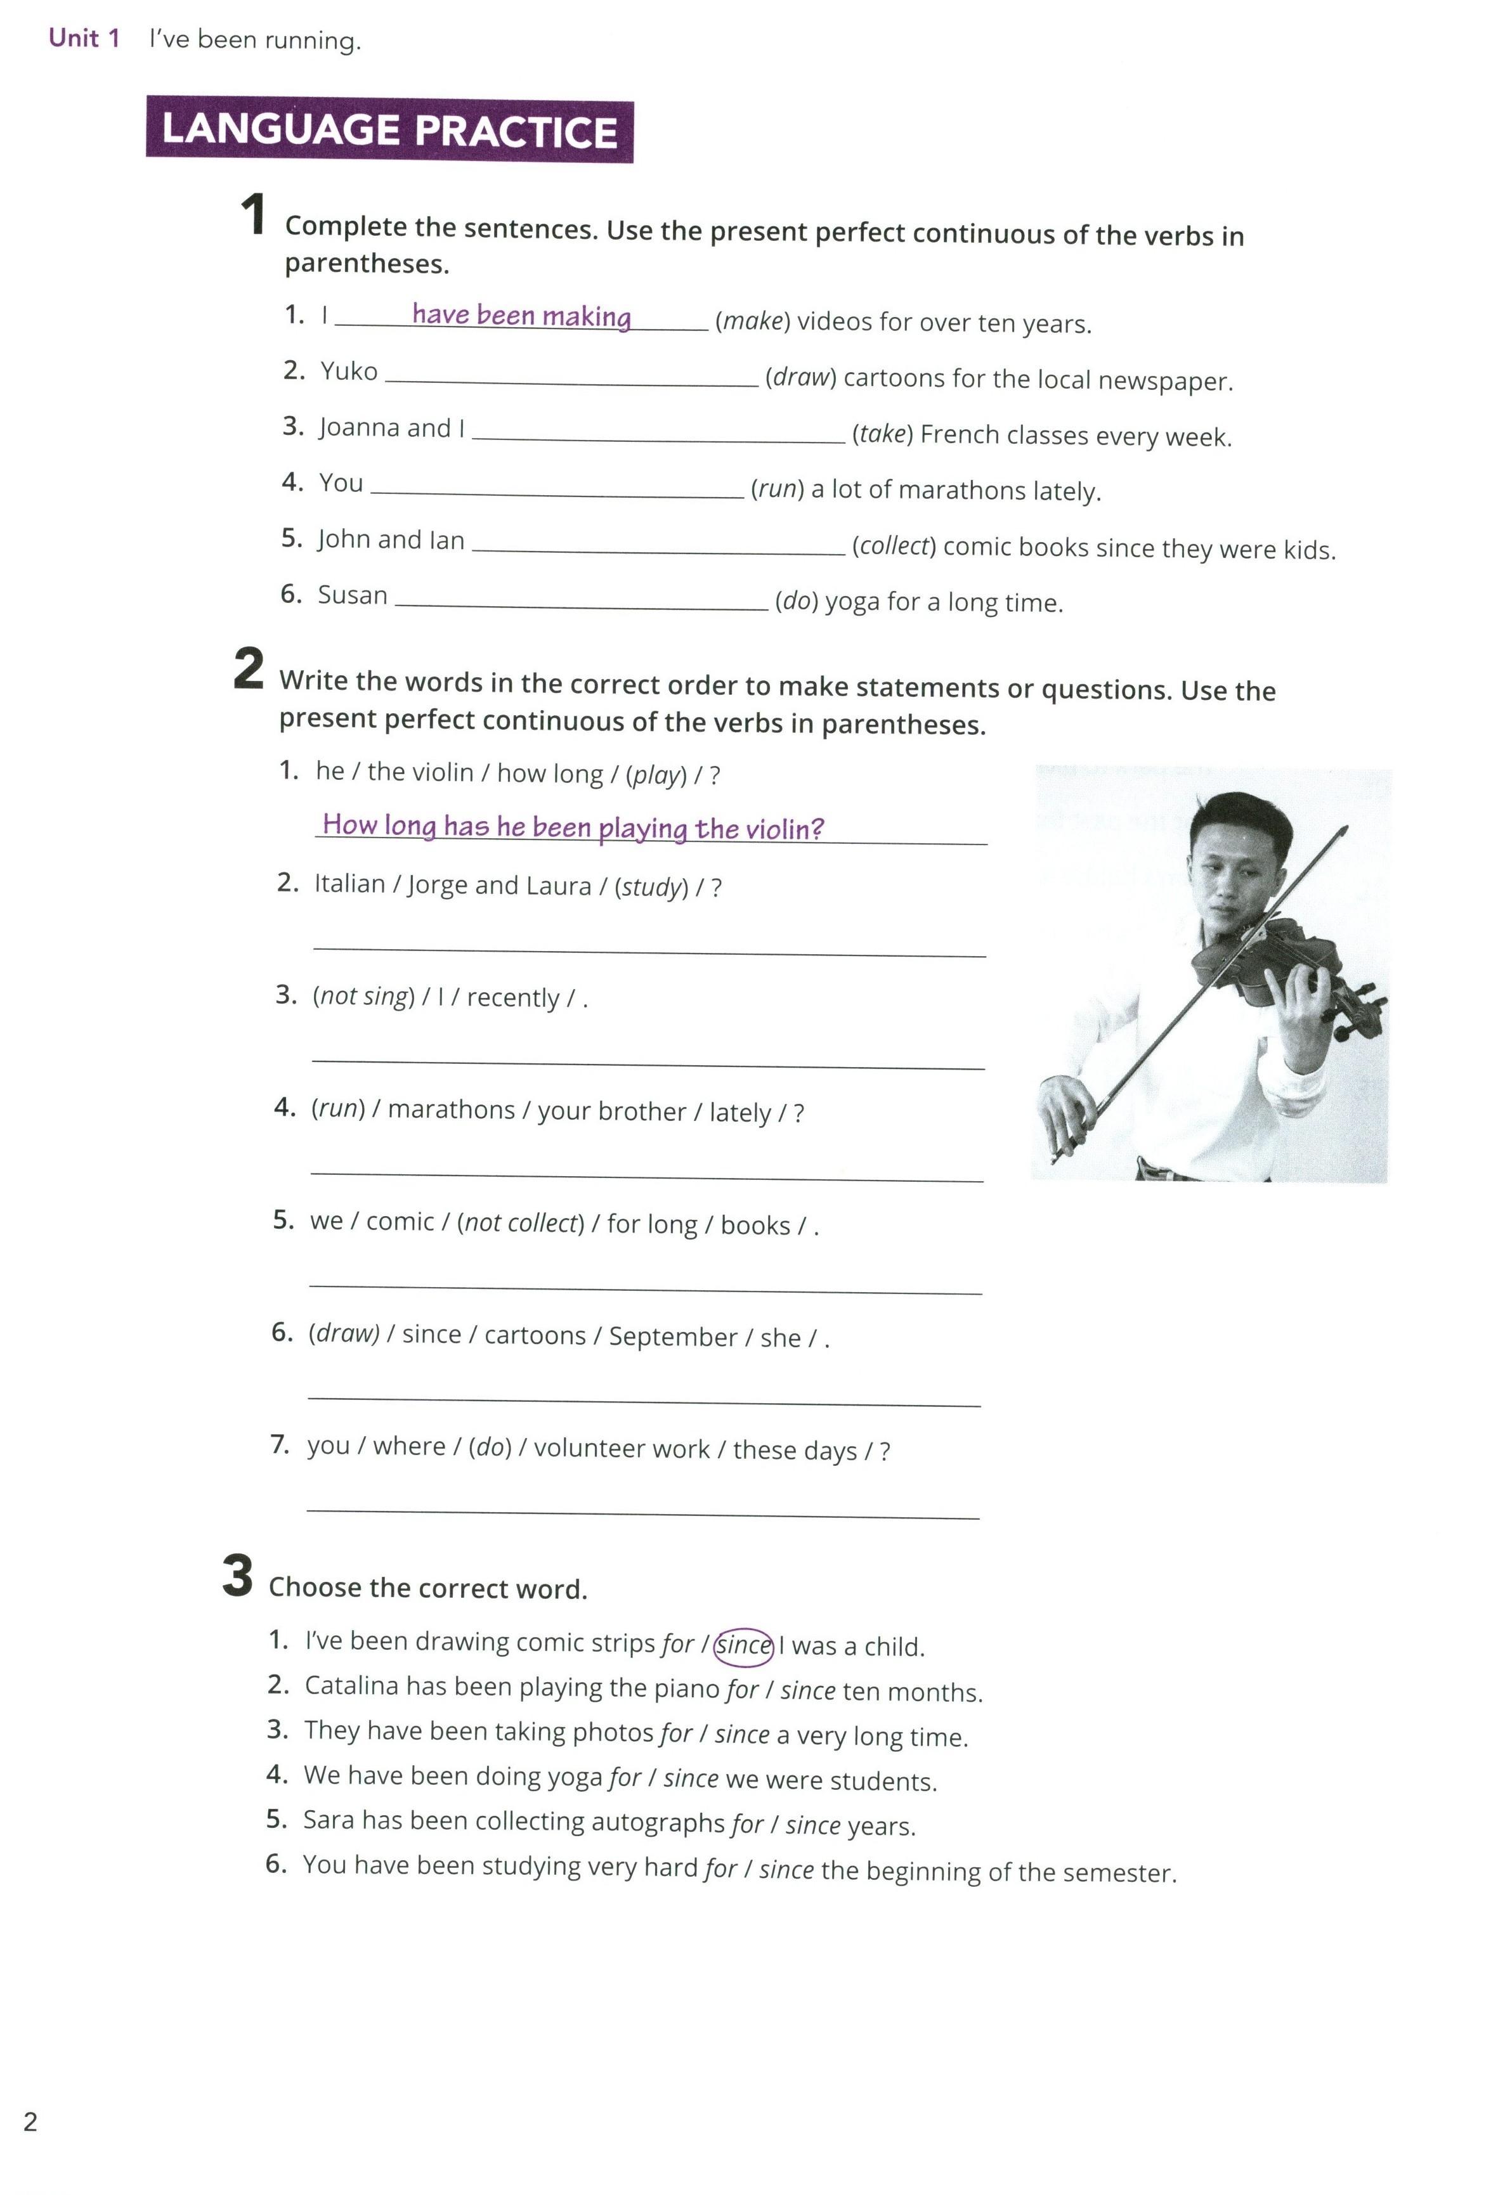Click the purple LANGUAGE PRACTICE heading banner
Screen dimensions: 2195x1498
(389, 131)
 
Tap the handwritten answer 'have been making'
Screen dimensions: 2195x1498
(521, 316)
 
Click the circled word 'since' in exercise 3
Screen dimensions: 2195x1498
(745, 1645)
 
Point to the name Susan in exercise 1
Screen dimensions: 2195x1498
(353, 595)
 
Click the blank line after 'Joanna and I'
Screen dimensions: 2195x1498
(658, 436)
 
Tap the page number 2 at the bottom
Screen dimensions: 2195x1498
(30, 2122)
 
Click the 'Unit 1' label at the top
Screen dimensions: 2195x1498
(84, 39)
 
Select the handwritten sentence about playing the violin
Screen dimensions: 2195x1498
(573, 827)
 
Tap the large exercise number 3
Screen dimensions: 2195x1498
(238, 1576)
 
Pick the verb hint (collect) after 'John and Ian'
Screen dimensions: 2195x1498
(894, 547)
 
